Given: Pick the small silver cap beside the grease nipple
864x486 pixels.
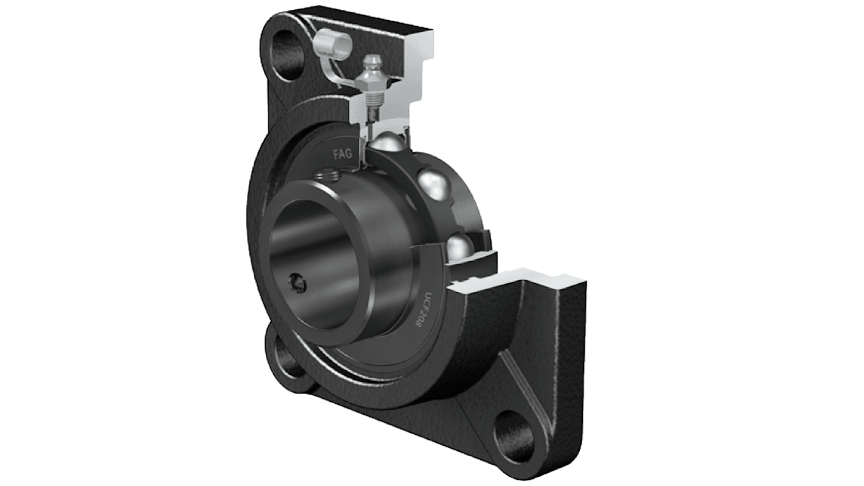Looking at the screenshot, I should (x=335, y=43).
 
